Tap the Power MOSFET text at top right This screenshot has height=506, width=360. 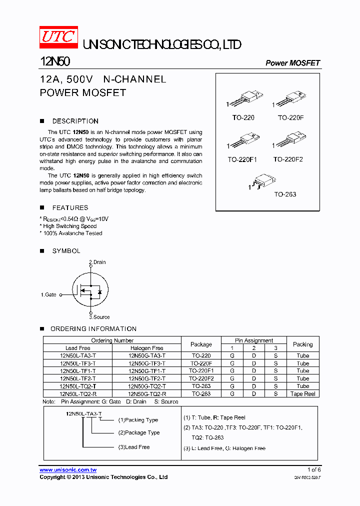292,63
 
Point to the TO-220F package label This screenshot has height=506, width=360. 290,117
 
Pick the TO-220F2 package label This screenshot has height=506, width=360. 288,159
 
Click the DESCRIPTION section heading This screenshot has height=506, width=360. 75,121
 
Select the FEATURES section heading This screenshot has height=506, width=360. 70,207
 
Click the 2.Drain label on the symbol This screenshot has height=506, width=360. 97,262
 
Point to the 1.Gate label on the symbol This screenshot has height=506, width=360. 48,295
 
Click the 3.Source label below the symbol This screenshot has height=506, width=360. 99,317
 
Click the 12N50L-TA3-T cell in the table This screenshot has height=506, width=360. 77,356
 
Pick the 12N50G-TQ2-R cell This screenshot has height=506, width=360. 147,394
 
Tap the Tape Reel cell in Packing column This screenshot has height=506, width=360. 302,394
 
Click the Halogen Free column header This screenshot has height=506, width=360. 147,348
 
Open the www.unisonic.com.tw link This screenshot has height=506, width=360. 68,470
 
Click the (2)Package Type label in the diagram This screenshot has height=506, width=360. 139,432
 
